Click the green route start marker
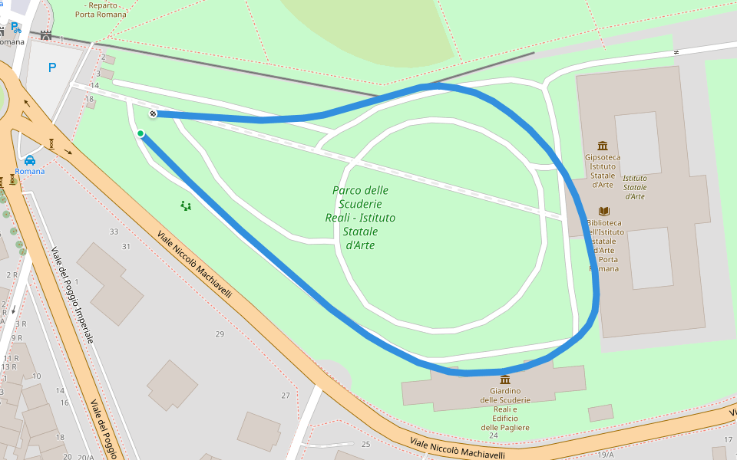point(140,133)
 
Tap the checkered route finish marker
point(153,114)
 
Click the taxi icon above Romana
point(29,160)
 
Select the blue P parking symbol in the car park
point(52,67)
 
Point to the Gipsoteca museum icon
point(602,146)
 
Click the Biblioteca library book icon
point(604,211)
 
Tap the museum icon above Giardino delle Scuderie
point(505,379)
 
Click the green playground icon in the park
point(185,205)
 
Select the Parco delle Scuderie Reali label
point(360,218)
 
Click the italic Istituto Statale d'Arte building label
point(634,187)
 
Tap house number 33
point(114,232)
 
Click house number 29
point(220,333)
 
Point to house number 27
point(286,396)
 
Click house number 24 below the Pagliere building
point(493,435)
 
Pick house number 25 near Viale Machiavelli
point(365,445)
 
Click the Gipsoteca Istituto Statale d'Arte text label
point(603,171)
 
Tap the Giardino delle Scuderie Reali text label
point(505,409)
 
